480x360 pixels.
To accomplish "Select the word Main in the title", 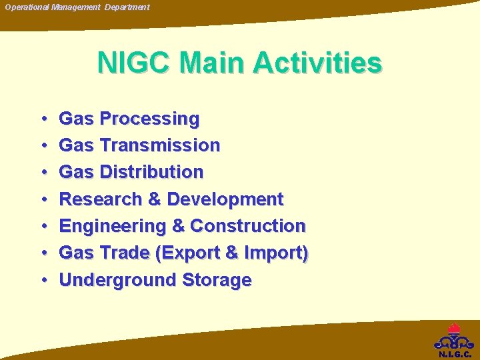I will [x=215, y=63].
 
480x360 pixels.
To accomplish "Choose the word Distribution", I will [x=151, y=172].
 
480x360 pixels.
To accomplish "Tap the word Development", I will [x=225, y=199].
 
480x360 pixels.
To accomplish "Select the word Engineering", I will [x=112, y=226].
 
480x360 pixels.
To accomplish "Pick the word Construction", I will [x=248, y=226].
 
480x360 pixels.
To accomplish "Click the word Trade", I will [x=125, y=253].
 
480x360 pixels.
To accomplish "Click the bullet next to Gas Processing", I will [x=43, y=119].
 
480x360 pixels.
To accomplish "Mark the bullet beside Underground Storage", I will [x=43, y=280].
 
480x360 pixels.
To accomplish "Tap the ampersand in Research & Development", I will [x=157, y=199].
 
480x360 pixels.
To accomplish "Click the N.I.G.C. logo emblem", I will [x=455, y=339].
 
